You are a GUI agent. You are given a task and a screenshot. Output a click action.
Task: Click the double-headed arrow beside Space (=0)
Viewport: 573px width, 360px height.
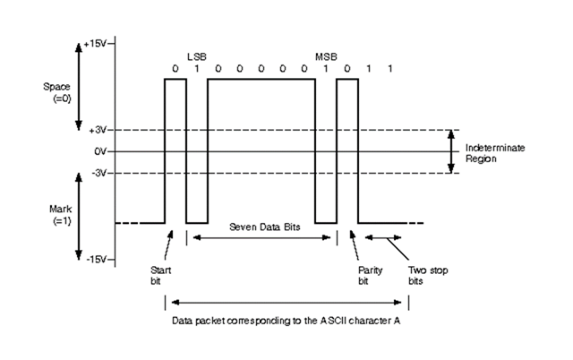point(79,86)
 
